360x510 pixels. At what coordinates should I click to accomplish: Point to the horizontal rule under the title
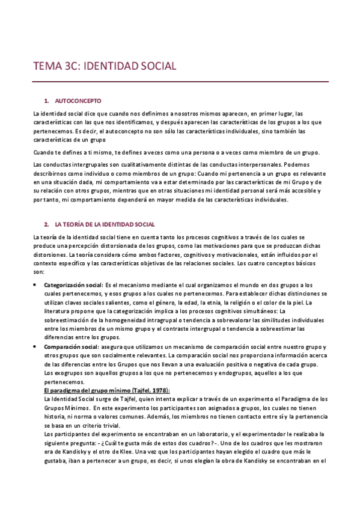(x=180, y=81)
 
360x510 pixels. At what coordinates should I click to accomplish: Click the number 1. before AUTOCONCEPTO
(x=47, y=100)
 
